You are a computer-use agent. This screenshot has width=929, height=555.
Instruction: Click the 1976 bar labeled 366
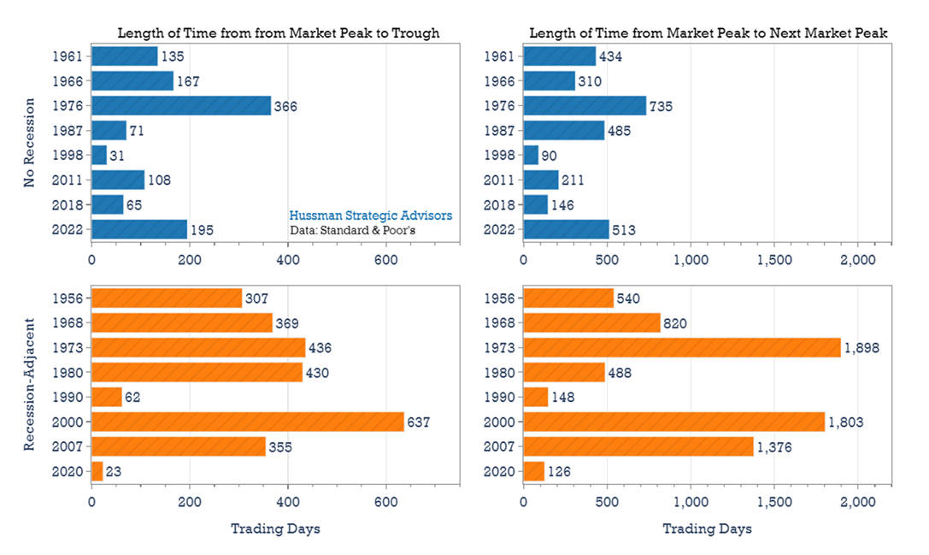click(181, 105)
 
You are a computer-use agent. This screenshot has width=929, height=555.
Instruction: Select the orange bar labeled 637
click(248, 422)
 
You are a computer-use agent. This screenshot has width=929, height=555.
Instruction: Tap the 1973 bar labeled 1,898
click(681, 347)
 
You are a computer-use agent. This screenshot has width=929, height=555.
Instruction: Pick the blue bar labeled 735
click(585, 105)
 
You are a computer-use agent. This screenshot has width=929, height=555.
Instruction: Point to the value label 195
click(203, 229)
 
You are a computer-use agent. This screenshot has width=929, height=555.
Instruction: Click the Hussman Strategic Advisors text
click(370, 216)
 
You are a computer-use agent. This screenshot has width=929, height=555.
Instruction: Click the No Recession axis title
click(29, 142)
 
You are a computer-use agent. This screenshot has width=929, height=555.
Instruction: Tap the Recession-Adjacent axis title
click(29, 385)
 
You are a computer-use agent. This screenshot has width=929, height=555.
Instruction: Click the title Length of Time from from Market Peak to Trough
click(278, 33)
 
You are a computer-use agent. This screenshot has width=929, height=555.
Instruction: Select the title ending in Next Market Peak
click(709, 33)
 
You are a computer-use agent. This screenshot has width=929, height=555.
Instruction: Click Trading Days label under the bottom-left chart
click(275, 528)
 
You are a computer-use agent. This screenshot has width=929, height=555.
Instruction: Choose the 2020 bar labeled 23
click(97, 471)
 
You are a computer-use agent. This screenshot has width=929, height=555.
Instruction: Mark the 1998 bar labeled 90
click(531, 155)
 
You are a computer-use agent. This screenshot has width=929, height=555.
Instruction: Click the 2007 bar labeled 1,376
click(638, 446)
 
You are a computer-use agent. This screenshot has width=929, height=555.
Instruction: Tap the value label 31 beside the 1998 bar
click(117, 156)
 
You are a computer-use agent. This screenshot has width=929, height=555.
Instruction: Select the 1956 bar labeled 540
click(568, 298)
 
